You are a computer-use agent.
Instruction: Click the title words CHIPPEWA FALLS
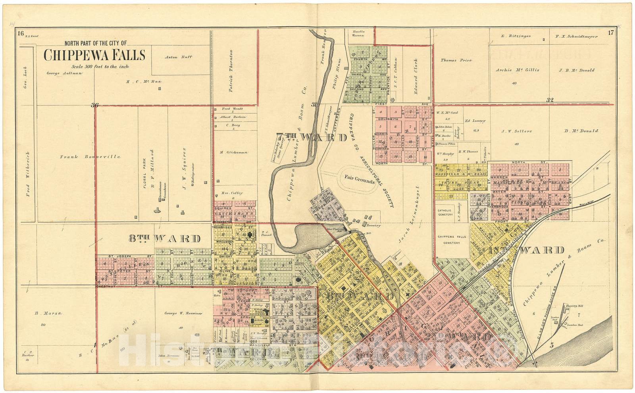tap(94, 55)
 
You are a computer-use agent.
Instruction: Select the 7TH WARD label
tap(311, 138)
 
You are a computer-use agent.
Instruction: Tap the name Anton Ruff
tap(178, 57)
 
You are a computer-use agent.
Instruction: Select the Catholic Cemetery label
tap(445, 213)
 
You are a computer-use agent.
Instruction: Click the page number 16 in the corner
tap(21, 33)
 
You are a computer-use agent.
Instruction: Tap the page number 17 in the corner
tap(610, 33)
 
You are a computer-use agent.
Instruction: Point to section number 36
tap(94, 105)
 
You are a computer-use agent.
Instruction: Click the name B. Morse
tap(48, 313)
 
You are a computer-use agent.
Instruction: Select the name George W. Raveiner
tap(183, 313)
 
